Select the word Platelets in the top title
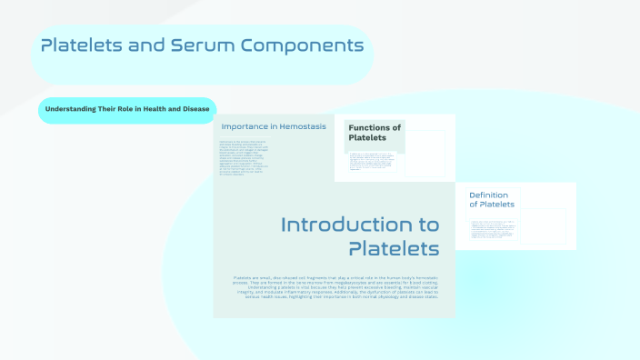(85, 45)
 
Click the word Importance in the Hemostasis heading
(245, 126)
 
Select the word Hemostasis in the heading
(298, 126)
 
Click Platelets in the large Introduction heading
(394, 248)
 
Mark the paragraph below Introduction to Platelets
(334, 287)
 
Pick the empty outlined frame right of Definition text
(545, 225)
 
